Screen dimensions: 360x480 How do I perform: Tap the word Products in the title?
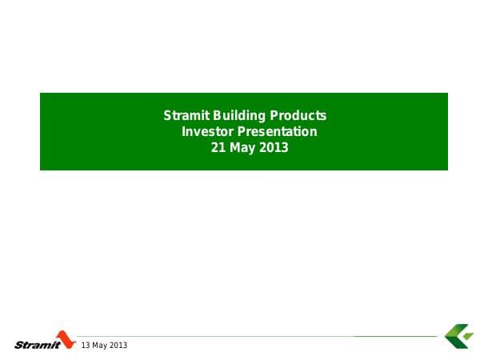298,116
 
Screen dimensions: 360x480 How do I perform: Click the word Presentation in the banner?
276,132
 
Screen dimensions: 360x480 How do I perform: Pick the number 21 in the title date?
217,148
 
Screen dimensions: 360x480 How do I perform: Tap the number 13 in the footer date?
86,345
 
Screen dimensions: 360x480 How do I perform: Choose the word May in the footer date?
101,345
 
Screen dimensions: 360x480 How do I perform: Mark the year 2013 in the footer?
118,345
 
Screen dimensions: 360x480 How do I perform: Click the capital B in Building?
218,116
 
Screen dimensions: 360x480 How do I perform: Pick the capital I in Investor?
185,132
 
